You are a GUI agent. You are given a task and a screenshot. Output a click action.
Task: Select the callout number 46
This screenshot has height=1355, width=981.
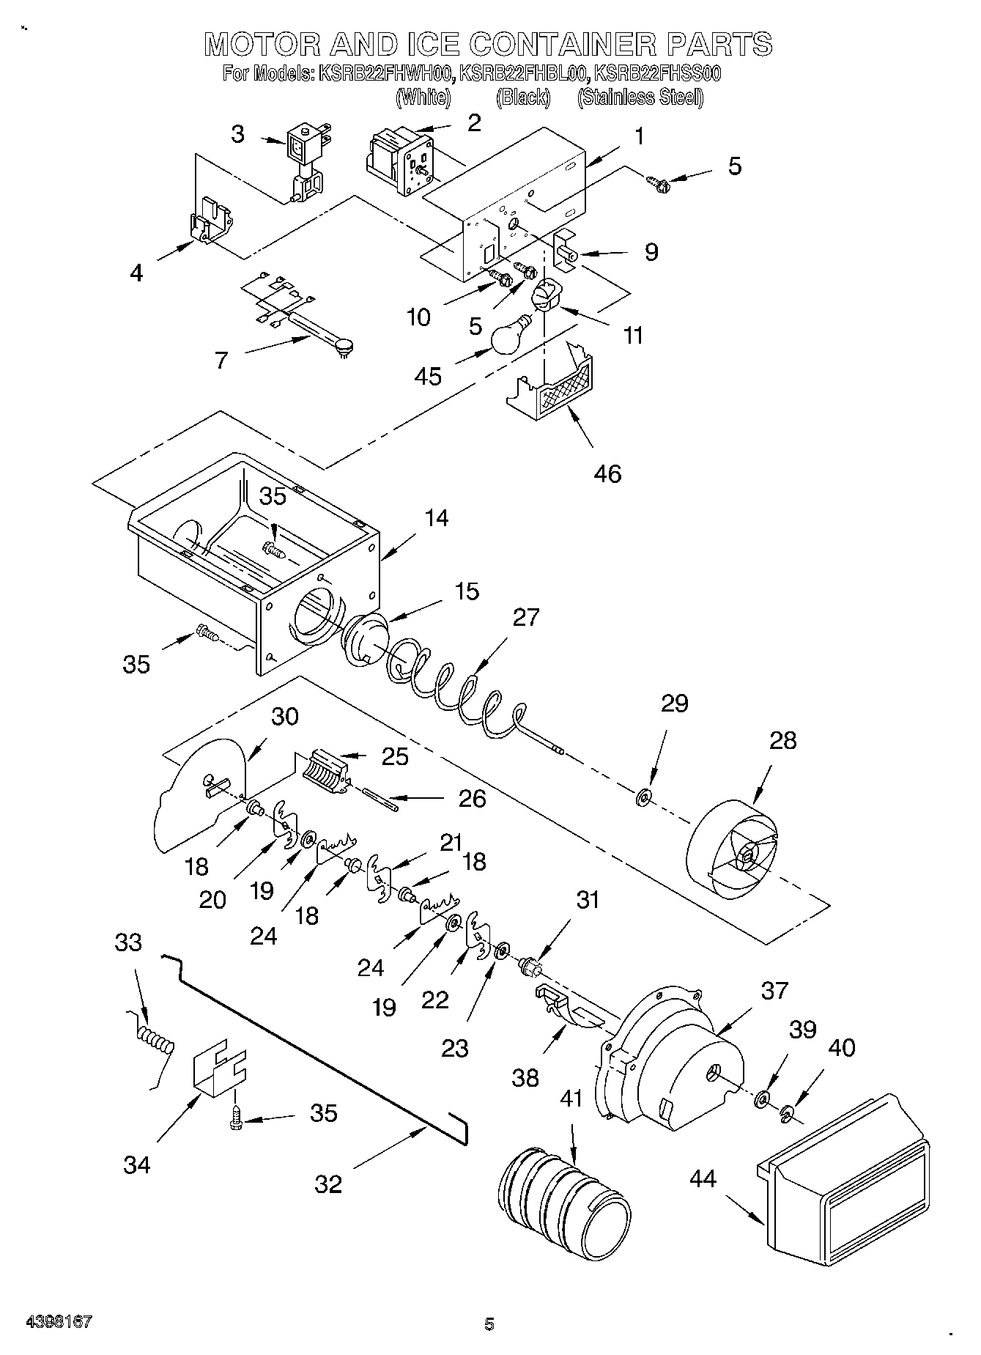click(608, 473)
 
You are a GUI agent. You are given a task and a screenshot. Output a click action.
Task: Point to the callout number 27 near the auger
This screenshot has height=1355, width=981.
click(526, 618)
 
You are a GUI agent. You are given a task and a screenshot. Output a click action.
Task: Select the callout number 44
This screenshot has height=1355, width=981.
click(703, 1179)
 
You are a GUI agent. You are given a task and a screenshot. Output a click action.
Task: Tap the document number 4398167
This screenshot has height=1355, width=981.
click(59, 1322)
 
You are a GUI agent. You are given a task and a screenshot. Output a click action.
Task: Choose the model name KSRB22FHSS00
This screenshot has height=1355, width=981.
click(658, 73)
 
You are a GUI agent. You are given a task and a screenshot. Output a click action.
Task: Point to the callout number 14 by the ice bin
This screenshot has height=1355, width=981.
click(436, 518)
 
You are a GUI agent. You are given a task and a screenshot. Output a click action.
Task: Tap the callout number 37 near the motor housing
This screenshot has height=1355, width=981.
click(774, 991)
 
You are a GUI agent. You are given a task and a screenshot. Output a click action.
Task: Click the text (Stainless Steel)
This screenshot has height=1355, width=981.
click(640, 97)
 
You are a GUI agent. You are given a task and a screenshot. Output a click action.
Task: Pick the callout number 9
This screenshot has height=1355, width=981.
click(651, 252)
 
